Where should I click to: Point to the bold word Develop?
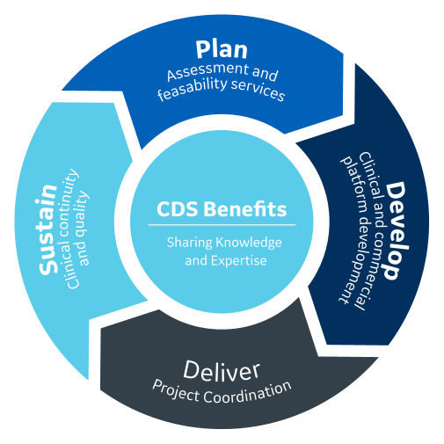(x=396, y=229)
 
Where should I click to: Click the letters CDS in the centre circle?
(x=176, y=210)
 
